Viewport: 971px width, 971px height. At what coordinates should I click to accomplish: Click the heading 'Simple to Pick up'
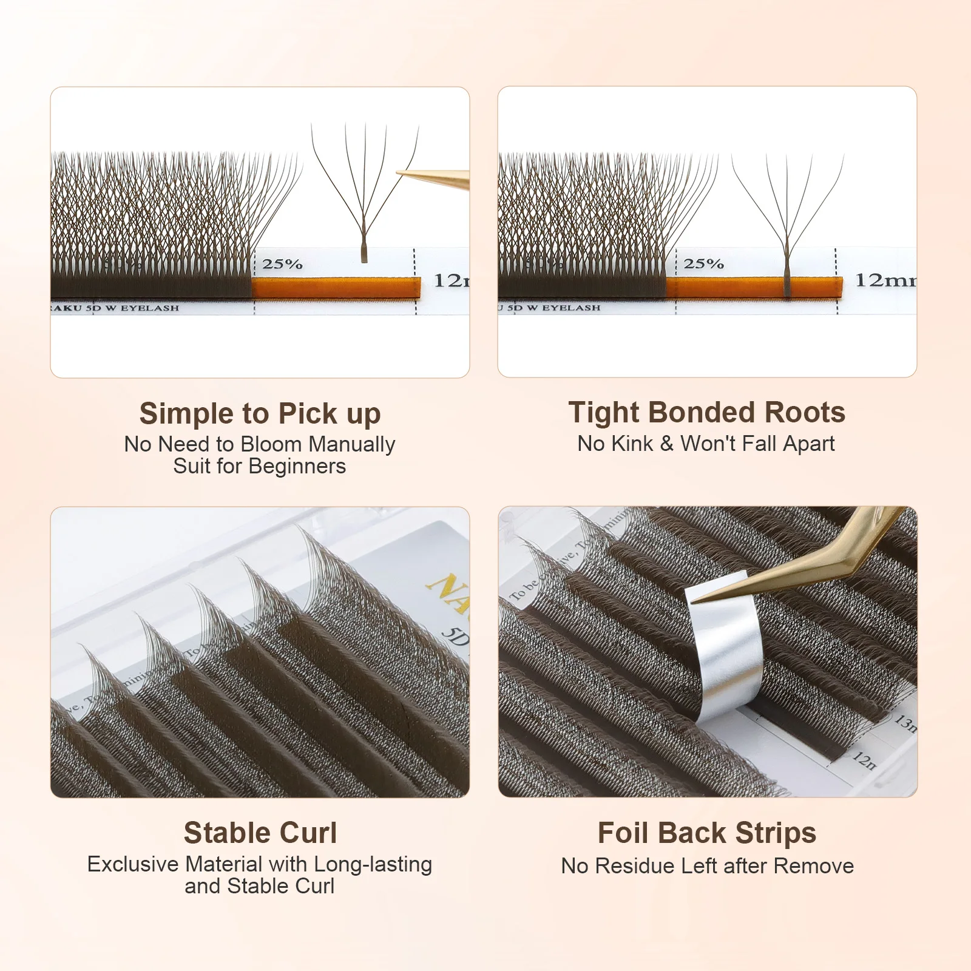(260, 414)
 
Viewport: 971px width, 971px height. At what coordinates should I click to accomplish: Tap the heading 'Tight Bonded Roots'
(706, 413)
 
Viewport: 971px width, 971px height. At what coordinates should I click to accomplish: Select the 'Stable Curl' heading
(260, 833)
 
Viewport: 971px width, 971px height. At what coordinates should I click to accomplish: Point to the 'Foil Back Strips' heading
(706, 833)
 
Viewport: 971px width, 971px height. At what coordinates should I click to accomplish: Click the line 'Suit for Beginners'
(259, 466)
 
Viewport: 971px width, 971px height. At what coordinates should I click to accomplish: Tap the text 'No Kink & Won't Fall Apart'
(706, 444)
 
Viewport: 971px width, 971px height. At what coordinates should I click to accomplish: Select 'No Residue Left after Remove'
(707, 866)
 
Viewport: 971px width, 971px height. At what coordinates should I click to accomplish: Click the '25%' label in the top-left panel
(282, 264)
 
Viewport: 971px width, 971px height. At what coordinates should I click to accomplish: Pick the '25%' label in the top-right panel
(703, 263)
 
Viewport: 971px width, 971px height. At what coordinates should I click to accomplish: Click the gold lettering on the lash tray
(449, 592)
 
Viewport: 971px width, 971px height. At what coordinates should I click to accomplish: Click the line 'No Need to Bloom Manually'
(259, 444)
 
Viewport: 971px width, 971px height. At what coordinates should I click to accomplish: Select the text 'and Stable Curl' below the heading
(259, 886)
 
